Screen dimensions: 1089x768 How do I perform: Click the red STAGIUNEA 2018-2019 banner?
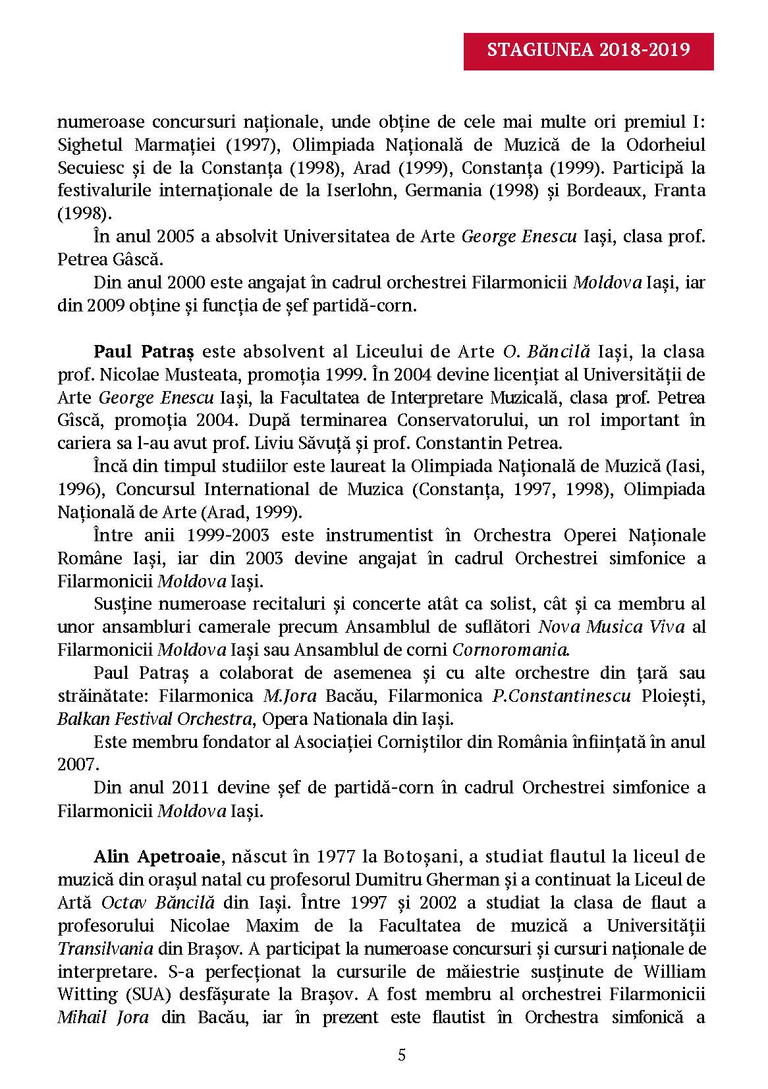[589, 49]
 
